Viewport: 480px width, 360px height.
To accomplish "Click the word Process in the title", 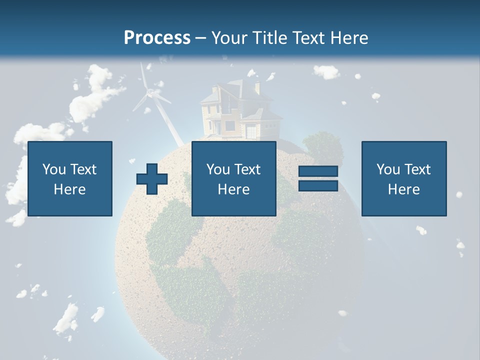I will (x=157, y=38).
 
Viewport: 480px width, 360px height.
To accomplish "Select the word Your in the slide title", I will (x=229, y=38).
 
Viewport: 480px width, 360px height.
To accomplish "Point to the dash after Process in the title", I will (x=200, y=38).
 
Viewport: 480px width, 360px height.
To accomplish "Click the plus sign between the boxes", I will (x=152, y=178).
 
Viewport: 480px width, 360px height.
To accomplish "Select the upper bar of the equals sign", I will (x=318, y=171).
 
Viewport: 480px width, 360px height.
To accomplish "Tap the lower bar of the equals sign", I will (x=318, y=185).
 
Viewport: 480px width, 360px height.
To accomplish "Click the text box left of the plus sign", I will (x=70, y=178).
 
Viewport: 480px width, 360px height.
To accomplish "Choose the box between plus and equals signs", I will (x=233, y=178).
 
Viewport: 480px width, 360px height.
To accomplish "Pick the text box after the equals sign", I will (x=404, y=178).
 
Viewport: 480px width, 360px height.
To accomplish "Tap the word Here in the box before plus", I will (x=70, y=189).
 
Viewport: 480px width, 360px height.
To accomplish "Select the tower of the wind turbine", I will (x=167, y=120).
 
